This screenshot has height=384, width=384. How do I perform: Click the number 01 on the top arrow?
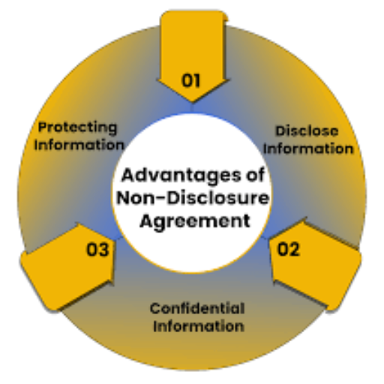[x=190, y=80]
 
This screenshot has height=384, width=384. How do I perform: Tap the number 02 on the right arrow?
[x=289, y=249]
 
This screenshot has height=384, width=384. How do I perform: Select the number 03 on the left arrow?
[x=97, y=249]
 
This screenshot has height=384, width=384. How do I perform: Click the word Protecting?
[x=77, y=128]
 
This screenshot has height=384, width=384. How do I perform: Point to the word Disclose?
[x=307, y=130]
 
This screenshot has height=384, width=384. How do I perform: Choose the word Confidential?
[x=197, y=308]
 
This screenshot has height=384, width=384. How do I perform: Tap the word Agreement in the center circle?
[x=195, y=221]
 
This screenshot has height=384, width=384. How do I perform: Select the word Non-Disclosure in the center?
[x=193, y=198]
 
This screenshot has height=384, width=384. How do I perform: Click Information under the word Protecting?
[x=79, y=145]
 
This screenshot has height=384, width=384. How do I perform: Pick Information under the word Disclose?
[x=308, y=148]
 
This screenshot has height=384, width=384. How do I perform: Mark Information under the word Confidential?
[x=199, y=326]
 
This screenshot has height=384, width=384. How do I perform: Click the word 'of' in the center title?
[x=255, y=175]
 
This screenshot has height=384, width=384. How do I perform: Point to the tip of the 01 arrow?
[x=192, y=102]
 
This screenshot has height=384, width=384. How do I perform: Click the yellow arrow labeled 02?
[x=316, y=265]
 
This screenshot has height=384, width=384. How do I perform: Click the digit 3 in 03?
[x=103, y=249]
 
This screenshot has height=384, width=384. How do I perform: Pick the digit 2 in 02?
[x=294, y=249]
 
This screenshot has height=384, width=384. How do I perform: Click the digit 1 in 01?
[x=196, y=80]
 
